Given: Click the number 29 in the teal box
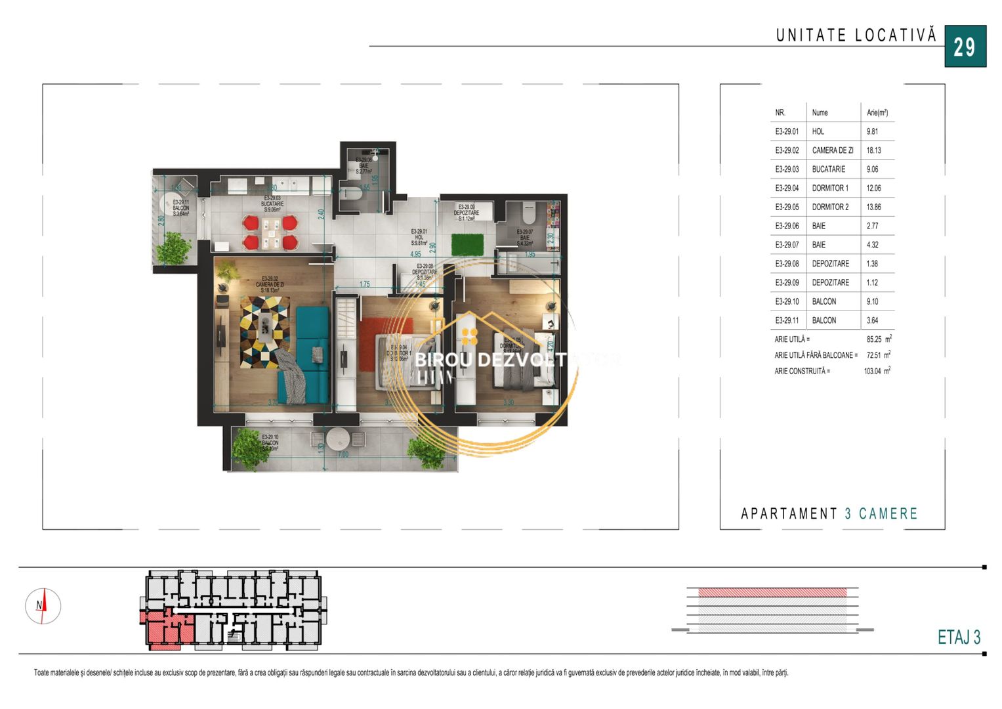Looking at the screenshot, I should tap(965, 47).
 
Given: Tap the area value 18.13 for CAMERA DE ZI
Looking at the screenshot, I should tap(873, 150).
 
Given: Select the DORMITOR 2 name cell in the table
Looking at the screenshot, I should tap(830, 207).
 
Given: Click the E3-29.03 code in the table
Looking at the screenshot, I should tap(787, 169).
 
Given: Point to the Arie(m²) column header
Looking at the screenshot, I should tap(877, 112).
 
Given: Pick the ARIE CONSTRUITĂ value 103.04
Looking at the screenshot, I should tap(872, 371).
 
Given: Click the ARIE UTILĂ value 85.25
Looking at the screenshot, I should tap(873, 339).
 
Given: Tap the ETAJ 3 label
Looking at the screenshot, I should tap(958, 637).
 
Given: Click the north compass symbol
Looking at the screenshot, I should tap(43, 606).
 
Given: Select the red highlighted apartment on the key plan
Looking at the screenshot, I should tap(164, 629).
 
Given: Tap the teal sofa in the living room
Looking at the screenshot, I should tap(312, 349).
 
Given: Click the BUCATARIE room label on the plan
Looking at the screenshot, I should tap(272, 204).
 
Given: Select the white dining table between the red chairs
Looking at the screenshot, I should tap(270, 233).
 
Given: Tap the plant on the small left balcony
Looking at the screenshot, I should tap(174, 248).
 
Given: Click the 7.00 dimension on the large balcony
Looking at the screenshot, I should tap(343, 454).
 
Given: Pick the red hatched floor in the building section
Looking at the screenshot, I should tap(772, 592).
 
